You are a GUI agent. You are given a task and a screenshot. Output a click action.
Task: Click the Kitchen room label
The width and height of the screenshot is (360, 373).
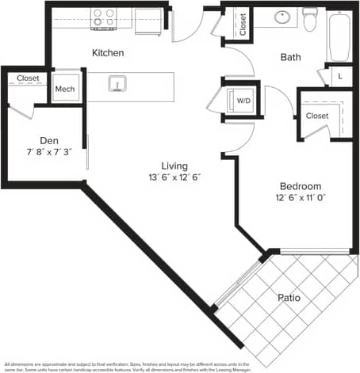pos(108,53)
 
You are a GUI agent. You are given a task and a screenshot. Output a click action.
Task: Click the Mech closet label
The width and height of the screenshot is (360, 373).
pos(65,89)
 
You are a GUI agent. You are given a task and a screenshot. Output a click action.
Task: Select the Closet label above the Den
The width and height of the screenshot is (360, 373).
pos(28,78)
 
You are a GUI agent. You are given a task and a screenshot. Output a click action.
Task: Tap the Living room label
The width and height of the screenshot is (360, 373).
pos(174,166)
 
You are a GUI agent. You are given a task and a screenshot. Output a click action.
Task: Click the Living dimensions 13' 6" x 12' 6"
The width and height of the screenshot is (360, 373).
pos(174,177)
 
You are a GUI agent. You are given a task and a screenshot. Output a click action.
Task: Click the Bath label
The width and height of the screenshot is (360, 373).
pos(291,57)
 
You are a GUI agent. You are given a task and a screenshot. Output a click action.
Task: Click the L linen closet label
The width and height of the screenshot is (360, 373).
pos(339,76)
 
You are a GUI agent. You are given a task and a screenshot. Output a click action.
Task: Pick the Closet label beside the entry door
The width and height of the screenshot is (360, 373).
pos(242,24)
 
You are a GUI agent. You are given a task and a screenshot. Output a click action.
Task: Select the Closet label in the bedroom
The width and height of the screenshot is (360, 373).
pos(317,116)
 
